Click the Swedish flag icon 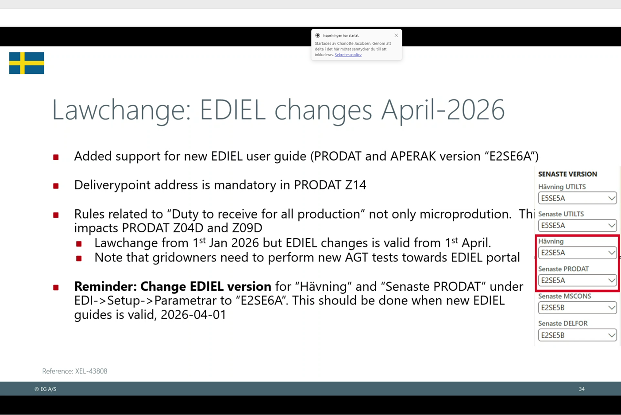(x=27, y=63)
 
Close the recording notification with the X (x=396, y=35)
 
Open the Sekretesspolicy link (x=348, y=55)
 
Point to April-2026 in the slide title (x=443, y=110)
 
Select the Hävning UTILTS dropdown (x=577, y=198)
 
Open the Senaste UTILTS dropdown (x=577, y=226)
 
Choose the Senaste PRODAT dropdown (x=577, y=281)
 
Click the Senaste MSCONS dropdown (x=577, y=307)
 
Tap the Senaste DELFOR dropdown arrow (x=611, y=335)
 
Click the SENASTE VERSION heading (x=567, y=174)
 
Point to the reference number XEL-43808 (x=91, y=371)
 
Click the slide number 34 (x=582, y=389)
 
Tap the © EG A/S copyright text (x=45, y=389)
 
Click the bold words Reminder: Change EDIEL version (x=173, y=286)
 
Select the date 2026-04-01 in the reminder (x=193, y=315)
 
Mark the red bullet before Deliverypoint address (x=56, y=186)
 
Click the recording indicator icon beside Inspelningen (x=318, y=35)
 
